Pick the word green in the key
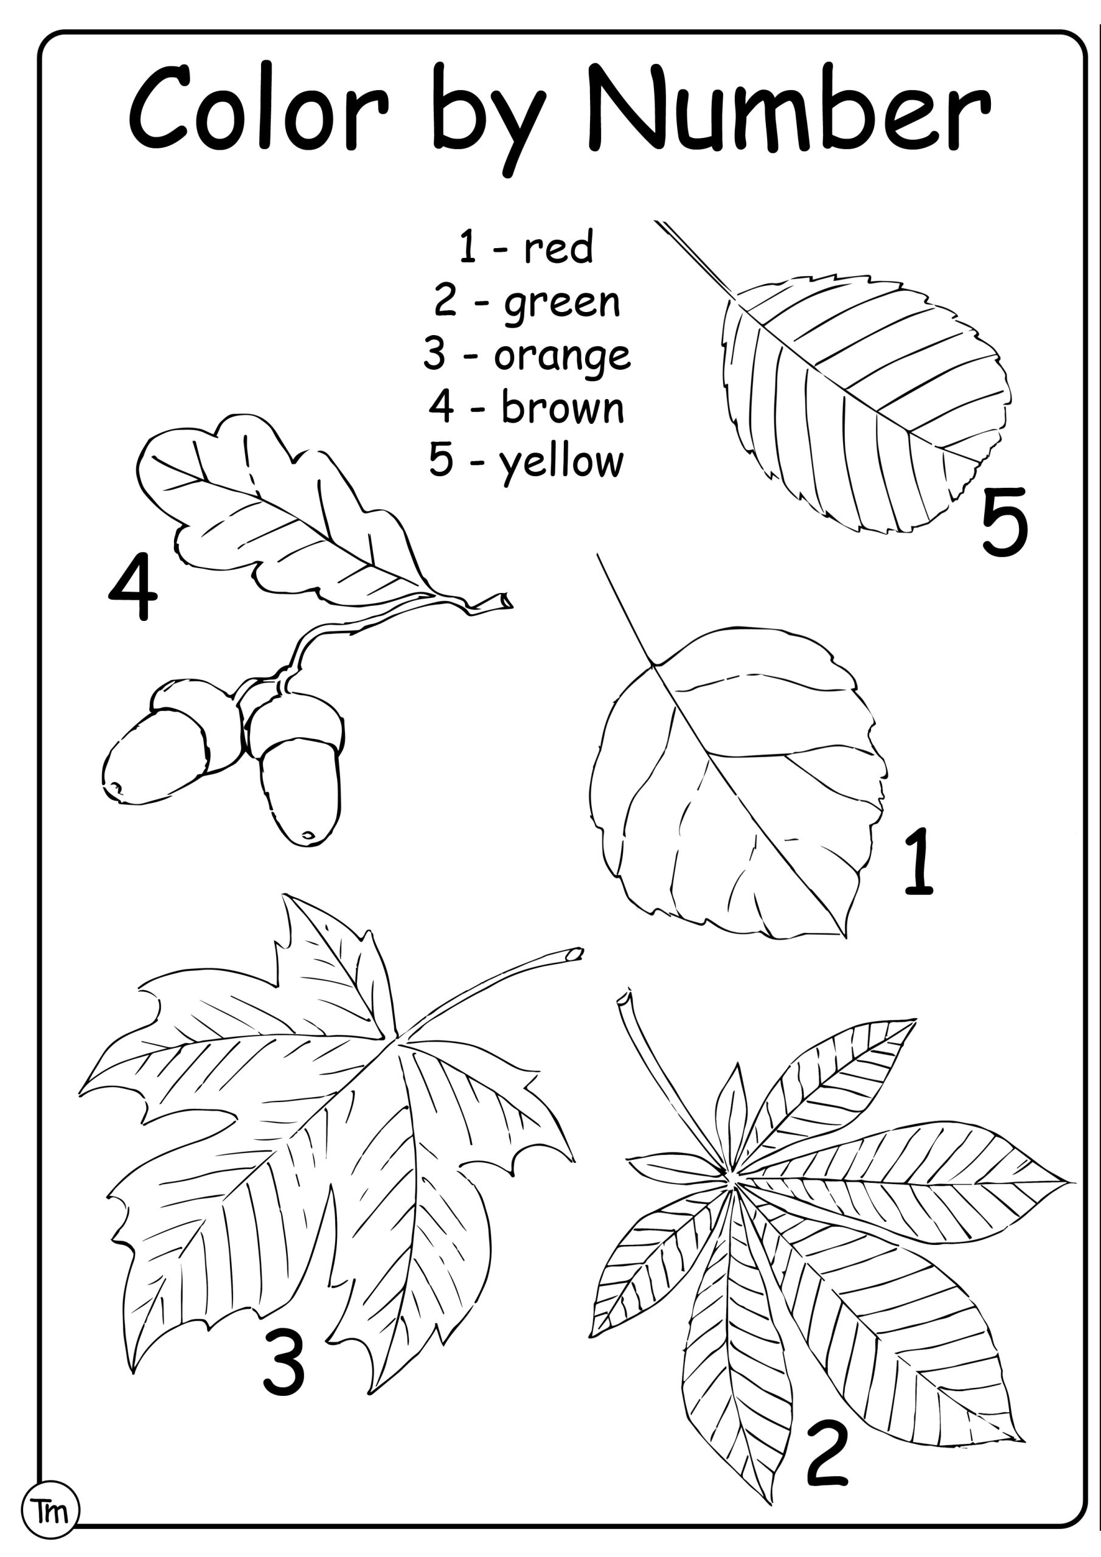click(561, 303)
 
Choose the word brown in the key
click(563, 407)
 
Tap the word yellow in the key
click(561, 462)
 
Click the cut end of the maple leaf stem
click(575, 954)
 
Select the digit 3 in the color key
click(435, 354)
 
